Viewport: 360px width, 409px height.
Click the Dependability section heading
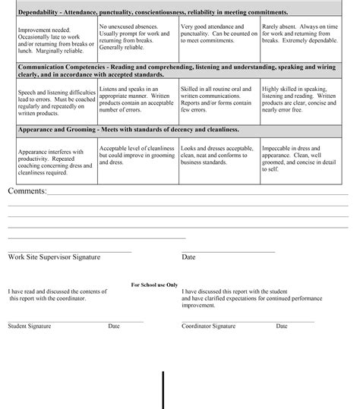(x=152, y=13)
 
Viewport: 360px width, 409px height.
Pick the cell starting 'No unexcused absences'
(x=136, y=37)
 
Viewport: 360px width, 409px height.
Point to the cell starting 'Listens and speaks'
(x=136, y=97)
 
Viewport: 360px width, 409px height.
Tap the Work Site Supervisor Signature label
(x=54, y=257)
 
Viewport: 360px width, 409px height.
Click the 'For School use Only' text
(x=154, y=285)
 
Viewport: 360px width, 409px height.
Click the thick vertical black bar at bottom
(x=163, y=390)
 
